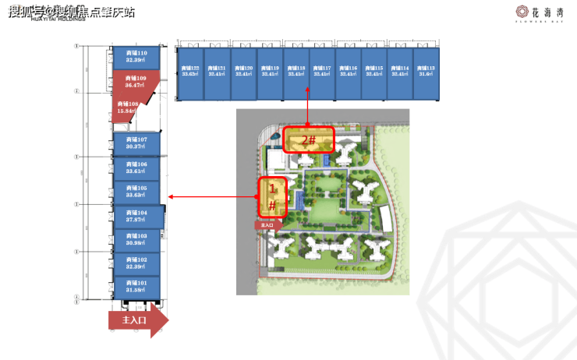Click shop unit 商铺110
tap(136, 56)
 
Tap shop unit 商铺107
tap(136, 143)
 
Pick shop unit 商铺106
tap(136, 168)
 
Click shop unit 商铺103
tap(136, 240)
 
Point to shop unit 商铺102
tap(136, 263)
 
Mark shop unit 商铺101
tap(136, 287)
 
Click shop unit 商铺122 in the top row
tap(190, 72)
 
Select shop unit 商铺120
tap(243, 72)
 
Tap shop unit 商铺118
tap(296, 72)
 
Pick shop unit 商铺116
tap(348, 72)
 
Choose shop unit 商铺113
tap(426, 72)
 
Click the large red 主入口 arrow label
tap(137, 320)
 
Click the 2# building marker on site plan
tap(308, 139)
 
